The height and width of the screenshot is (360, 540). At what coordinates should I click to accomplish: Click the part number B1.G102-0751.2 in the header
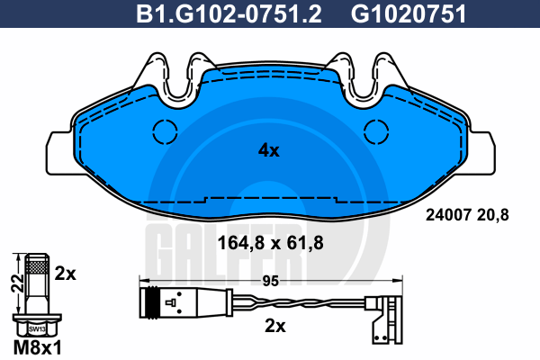pyautogui.click(x=229, y=14)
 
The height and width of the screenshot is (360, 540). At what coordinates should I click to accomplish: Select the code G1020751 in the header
pyautogui.click(x=409, y=14)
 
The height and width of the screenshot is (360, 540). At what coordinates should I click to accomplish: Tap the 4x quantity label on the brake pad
pyautogui.click(x=269, y=150)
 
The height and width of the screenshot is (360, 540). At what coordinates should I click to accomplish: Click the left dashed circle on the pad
pyautogui.click(x=165, y=131)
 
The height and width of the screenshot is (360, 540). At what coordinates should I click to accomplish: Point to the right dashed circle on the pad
pyautogui.click(x=376, y=131)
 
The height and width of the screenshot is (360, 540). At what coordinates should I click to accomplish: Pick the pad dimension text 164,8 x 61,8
pyautogui.click(x=271, y=243)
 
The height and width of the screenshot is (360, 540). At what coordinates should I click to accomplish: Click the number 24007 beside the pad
pyautogui.click(x=448, y=215)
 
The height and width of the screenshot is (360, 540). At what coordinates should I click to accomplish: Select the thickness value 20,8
pyautogui.click(x=493, y=216)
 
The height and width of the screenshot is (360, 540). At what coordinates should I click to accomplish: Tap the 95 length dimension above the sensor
pyautogui.click(x=271, y=281)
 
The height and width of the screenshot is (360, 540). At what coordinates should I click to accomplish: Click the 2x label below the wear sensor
pyautogui.click(x=275, y=326)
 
